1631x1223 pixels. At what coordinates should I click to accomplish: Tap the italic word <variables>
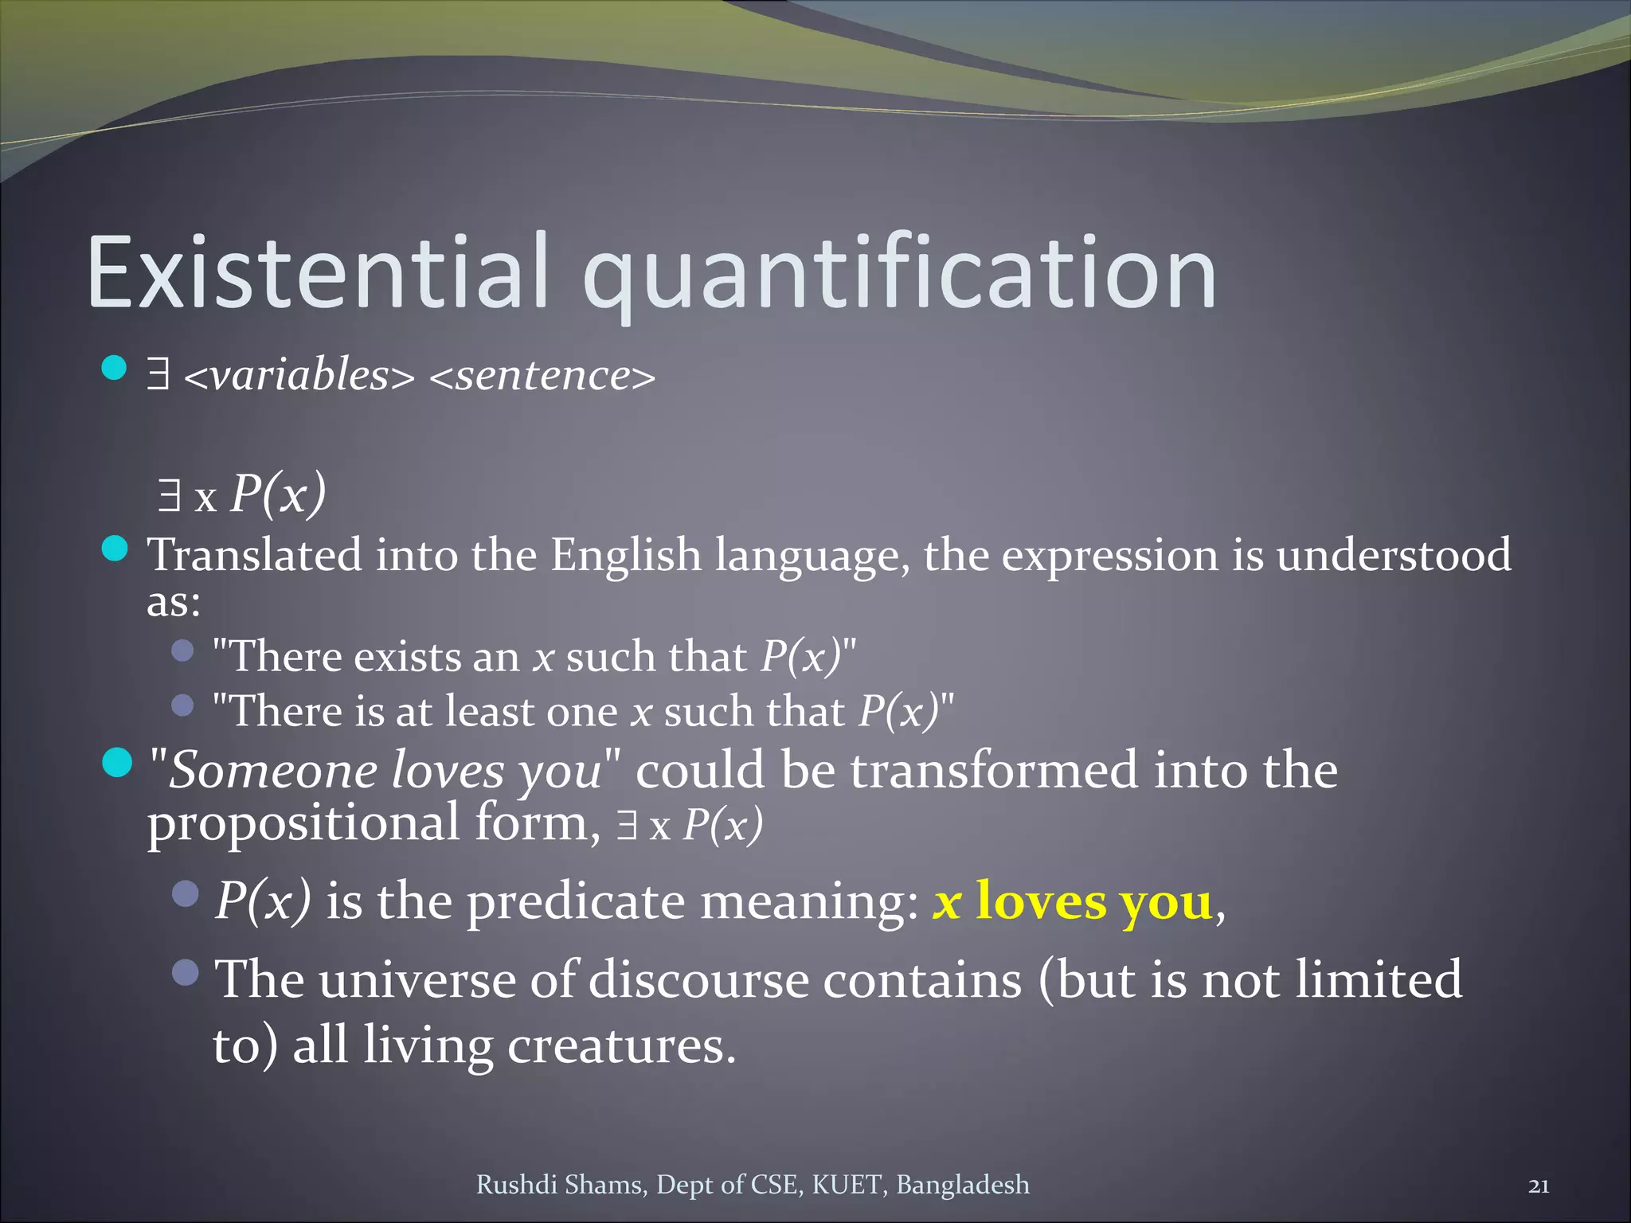tap(299, 375)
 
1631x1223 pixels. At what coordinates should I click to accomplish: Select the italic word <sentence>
tap(542, 375)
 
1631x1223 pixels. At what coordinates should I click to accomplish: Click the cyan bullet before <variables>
tap(115, 368)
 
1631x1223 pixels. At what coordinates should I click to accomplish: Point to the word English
tap(626, 555)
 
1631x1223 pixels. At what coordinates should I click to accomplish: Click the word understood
tap(1394, 555)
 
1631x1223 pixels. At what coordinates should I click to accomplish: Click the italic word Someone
tap(272, 771)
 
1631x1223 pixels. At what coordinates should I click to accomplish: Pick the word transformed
tap(994, 771)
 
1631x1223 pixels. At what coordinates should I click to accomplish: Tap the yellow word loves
tap(1041, 902)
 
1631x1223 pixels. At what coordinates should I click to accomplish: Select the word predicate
tap(575, 902)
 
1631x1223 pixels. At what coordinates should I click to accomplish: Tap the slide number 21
tap(1539, 1186)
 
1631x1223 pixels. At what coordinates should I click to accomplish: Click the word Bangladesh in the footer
tap(962, 1185)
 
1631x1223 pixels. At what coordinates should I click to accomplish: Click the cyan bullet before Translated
tap(115, 549)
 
